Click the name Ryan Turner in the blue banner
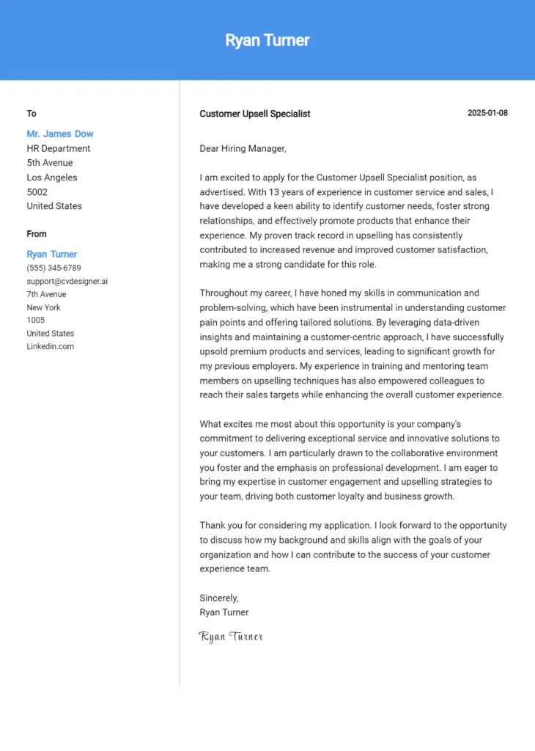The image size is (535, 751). tap(267, 40)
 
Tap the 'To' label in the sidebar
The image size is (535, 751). tap(32, 114)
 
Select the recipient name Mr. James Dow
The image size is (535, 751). tap(60, 134)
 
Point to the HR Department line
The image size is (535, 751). tap(59, 148)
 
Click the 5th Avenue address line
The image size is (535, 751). tap(50, 163)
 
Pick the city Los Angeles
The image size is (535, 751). tap(52, 177)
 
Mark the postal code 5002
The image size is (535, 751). tap(37, 192)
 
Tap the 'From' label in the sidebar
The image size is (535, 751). tap(37, 234)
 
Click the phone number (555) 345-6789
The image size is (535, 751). tap(53, 268)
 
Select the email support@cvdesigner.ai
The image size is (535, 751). tap(67, 282)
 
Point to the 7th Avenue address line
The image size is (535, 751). tap(46, 295)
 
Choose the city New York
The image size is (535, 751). tap(44, 308)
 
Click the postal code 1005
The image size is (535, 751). tap(36, 320)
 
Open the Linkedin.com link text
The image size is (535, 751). tap(51, 347)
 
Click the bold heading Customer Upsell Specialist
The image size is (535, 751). tap(255, 114)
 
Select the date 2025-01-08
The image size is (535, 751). tap(487, 113)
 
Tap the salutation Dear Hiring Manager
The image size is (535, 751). tap(243, 149)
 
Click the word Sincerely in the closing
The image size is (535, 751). tap(219, 598)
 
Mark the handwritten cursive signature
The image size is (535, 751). tap(231, 637)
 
